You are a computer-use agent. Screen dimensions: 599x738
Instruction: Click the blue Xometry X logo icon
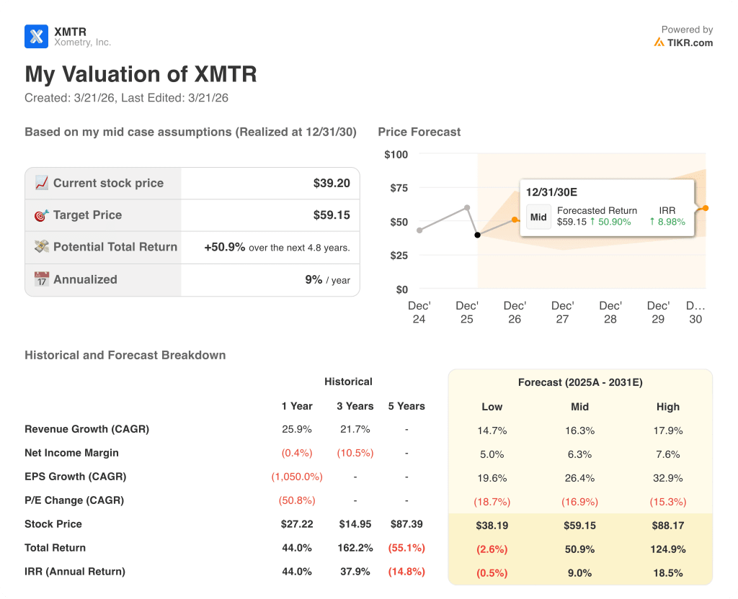(x=36, y=36)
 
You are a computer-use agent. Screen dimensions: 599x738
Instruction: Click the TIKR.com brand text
(x=690, y=42)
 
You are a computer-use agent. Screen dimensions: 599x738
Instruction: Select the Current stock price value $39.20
(x=332, y=183)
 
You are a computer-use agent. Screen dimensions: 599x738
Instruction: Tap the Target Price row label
(x=87, y=215)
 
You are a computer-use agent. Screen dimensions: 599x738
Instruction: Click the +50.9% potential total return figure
(x=224, y=247)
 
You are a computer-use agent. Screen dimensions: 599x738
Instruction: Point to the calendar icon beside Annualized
(x=42, y=279)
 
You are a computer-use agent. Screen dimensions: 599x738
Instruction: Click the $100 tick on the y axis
(x=396, y=154)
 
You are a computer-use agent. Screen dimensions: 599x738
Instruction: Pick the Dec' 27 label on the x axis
(x=562, y=312)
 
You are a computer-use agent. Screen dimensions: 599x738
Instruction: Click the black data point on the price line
(x=477, y=235)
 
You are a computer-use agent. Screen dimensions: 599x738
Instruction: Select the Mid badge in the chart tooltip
(x=538, y=217)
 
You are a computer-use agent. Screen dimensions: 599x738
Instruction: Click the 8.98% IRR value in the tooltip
(x=667, y=222)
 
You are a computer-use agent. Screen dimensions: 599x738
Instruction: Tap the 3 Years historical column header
(x=355, y=406)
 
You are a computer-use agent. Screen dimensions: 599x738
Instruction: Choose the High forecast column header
(x=667, y=407)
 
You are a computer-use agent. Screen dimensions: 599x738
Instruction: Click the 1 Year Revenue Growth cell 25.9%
(x=296, y=429)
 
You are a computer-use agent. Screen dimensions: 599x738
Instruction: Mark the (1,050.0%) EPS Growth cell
(x=296, y=477)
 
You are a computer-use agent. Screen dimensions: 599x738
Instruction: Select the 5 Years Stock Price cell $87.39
(x=406, y=524)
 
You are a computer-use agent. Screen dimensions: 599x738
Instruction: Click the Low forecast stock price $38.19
(x=492, y=526)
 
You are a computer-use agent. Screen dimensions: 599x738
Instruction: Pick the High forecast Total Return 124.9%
(x=667, y=549)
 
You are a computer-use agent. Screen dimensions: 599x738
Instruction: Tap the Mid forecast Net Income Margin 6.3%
(x=579, y=454)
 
